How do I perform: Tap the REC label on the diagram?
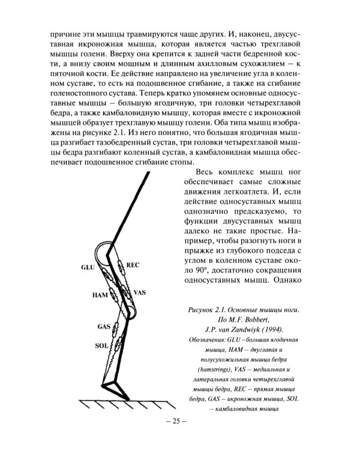(x=133, y=265)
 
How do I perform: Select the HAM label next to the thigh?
(x=100, y=296)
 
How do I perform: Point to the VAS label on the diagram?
(x=140, y=293)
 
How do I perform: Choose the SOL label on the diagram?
(x=101, y=346)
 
